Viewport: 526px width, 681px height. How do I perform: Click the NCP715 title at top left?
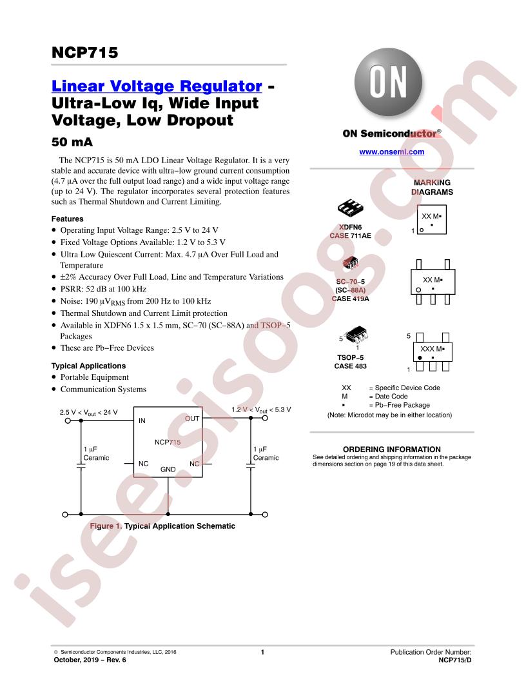pos(84,52)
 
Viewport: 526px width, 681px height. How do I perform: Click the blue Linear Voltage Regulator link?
pos(157,86)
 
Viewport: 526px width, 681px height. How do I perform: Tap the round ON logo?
pos(388,83)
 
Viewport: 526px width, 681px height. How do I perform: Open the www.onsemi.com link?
pos(391,152)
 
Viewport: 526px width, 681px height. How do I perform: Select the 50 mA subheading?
pos(72,142)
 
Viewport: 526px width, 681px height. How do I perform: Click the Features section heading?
pos(67,219)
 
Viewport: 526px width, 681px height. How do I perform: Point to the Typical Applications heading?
pos(88,366)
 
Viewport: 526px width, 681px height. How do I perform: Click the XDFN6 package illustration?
pos(350,208)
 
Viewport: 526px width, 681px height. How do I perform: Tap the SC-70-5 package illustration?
pos(350,262)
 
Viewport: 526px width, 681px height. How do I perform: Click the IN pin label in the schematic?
pos(142,420)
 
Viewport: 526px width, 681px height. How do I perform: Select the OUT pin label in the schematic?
pos(192,419)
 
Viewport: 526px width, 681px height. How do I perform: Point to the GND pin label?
pos(168,469)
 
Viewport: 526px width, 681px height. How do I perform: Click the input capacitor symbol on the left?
pos(81,466)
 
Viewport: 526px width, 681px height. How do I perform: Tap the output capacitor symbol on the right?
pos(251,466)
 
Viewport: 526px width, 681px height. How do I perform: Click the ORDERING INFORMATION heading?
pos(392,449)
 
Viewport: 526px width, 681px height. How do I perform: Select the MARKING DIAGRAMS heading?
pos(433,187)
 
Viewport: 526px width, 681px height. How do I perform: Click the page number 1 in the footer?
pos(262,652)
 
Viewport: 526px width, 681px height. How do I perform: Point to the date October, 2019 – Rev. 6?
pos(90,660)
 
